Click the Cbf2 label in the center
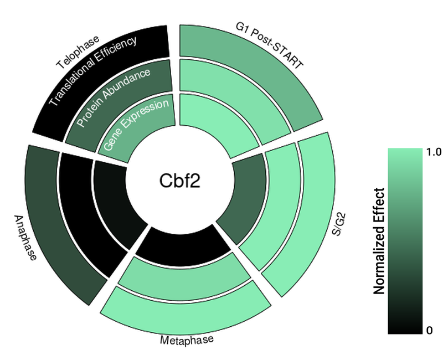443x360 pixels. (x=180, y=181)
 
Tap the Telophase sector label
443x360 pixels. (x=78, y=52)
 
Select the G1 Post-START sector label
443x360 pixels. (x=270, y=45)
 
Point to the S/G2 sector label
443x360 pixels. (x=339, y=225)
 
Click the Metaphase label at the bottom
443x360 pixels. (x=187, y=340)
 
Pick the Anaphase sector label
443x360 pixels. (x=25, y=238)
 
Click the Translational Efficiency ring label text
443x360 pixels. (x=93, y=71)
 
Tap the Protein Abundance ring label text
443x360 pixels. (x=114, y=97)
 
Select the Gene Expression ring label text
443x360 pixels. (x=136, y=125)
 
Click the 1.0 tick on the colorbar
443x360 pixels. (x=434, y=152)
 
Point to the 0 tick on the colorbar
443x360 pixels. (x=430, y=330)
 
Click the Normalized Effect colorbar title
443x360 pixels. (x=379, y=241)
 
